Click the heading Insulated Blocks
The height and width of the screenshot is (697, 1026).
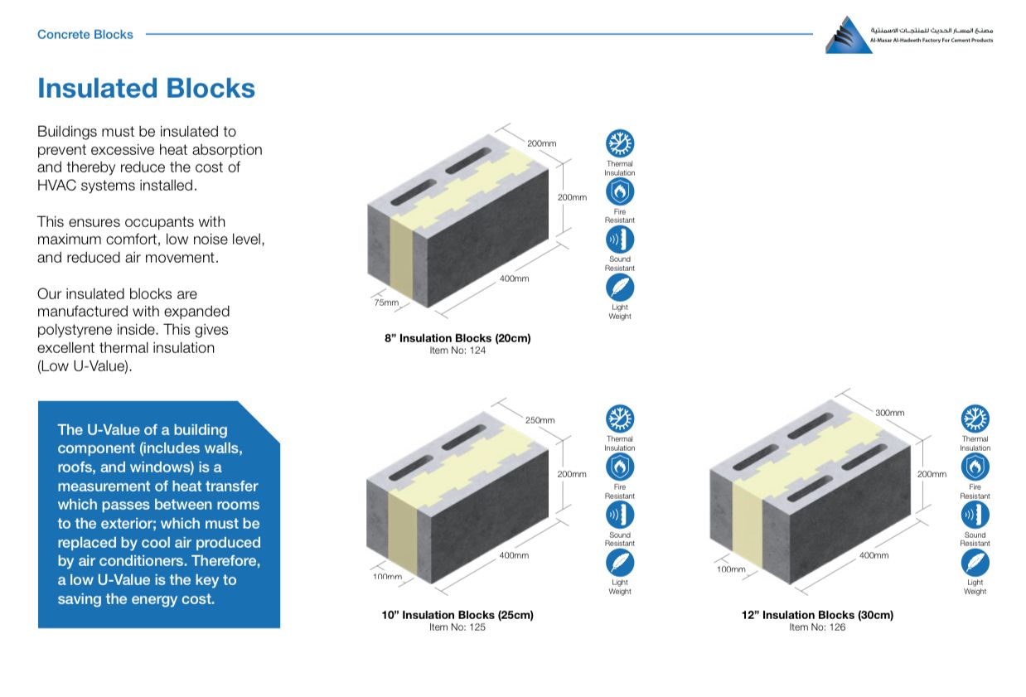(x=146, y=89)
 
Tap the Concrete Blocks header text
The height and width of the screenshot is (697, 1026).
(x=85, y=35)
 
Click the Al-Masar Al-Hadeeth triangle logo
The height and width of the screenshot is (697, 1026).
(x=848, y=36)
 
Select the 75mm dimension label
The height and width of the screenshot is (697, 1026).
(x=385, y=303)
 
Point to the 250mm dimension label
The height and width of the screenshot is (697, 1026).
(x=540, y=420)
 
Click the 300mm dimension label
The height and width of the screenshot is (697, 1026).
(x=889, y=413)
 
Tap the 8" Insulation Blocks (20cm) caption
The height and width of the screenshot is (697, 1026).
(x=457, y=338)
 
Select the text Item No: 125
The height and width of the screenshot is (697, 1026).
(x=457, y=627)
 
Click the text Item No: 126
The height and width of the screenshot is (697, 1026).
(x=817, y=627)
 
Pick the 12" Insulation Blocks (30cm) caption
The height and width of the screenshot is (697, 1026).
(x=817, y=615)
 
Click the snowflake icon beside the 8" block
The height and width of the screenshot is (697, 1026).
(x=620, y=143)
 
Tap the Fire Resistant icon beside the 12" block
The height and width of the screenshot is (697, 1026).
(x=975, y=467)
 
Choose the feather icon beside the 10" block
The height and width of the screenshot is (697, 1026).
(x=620, y=563)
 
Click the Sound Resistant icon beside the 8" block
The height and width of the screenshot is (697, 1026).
(x=620, y=240)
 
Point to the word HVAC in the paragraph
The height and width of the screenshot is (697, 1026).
(x=56, y=186)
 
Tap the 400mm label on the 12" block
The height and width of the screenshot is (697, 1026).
(x=874, y=555)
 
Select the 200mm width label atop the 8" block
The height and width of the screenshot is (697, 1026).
(x=542, y=143)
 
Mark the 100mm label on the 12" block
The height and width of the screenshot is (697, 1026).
(x=731, y=569)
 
